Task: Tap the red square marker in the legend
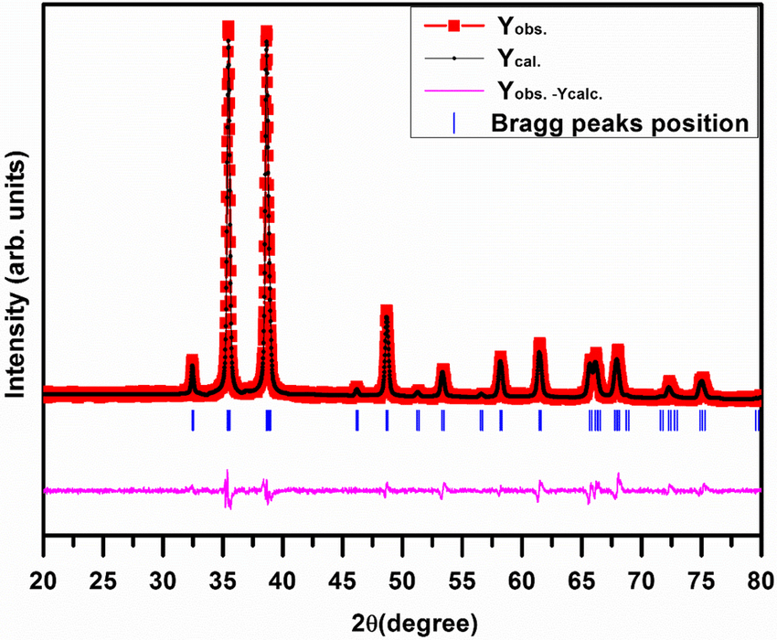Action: click(453, 27)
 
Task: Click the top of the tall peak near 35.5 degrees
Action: click(228, 29)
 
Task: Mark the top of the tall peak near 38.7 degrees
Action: click(267, 35)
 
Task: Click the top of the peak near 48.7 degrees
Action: click(387, 313)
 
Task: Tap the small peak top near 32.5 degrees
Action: click(192, 359)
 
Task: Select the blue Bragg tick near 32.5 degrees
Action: click(193, 420)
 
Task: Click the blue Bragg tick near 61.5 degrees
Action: click(540, 420)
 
